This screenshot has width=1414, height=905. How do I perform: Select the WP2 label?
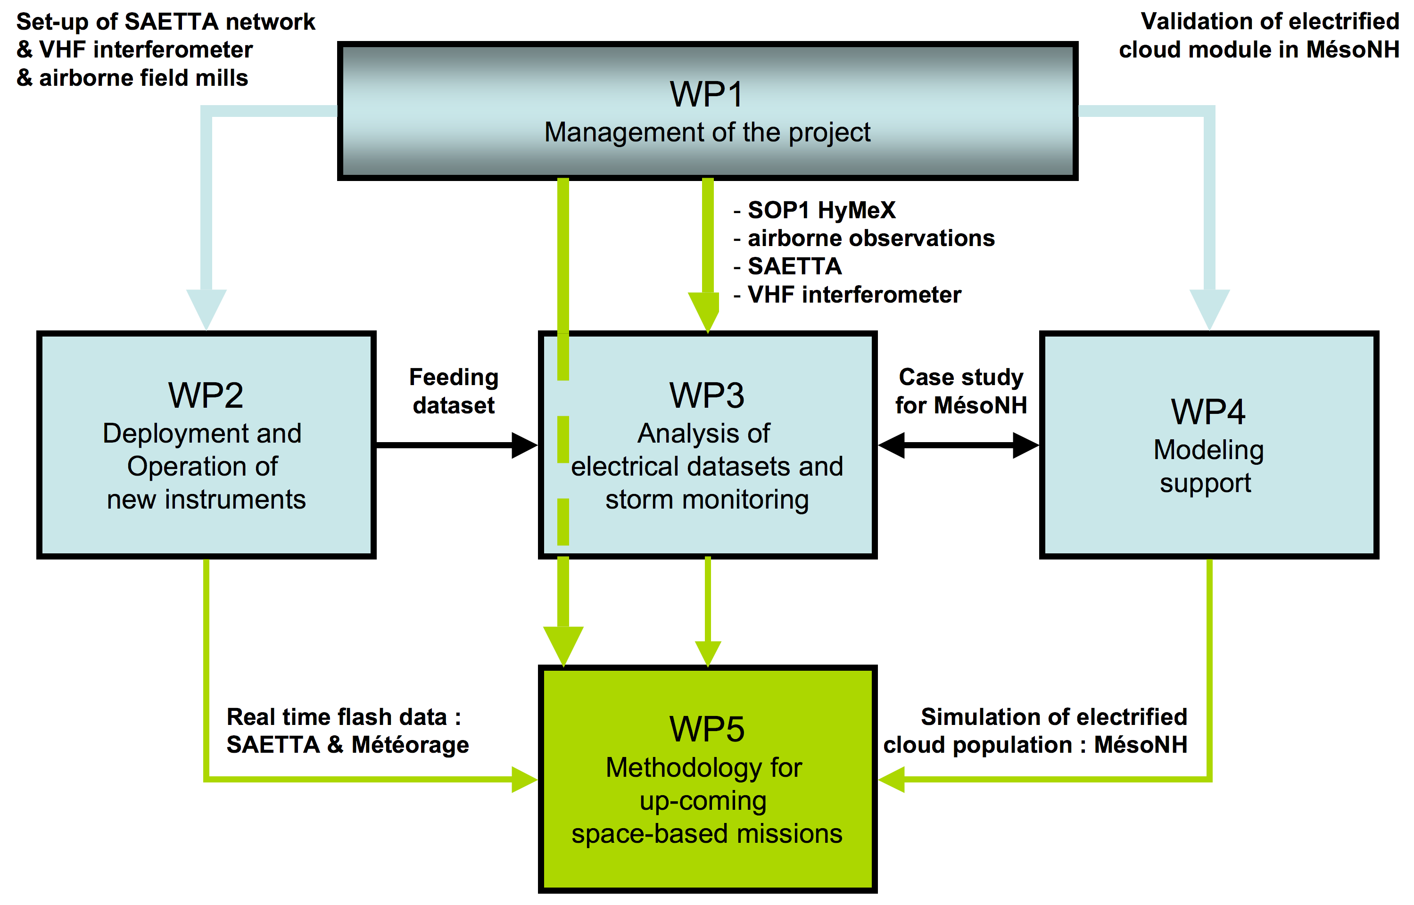206,395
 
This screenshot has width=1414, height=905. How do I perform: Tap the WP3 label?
707,395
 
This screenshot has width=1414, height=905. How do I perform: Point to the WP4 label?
1208,411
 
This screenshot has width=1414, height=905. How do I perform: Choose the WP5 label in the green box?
707,729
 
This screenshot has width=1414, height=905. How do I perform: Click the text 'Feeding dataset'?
454,391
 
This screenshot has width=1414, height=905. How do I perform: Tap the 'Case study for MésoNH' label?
961,391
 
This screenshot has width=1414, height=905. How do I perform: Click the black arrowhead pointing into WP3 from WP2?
524,445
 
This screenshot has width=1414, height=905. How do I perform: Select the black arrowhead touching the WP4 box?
1026,445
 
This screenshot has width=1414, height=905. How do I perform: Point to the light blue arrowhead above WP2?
207,309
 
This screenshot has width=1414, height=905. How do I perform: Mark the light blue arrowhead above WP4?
1209,309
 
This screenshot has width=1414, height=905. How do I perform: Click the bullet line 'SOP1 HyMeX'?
815,210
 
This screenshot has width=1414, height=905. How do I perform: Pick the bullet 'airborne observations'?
864,239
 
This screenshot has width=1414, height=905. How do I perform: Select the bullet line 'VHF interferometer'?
847,295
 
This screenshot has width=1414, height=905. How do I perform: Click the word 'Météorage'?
410,745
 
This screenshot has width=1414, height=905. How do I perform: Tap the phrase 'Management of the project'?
707,132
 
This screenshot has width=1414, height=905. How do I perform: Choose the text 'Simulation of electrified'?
1054,717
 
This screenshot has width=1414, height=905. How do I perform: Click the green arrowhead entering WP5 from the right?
892,779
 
